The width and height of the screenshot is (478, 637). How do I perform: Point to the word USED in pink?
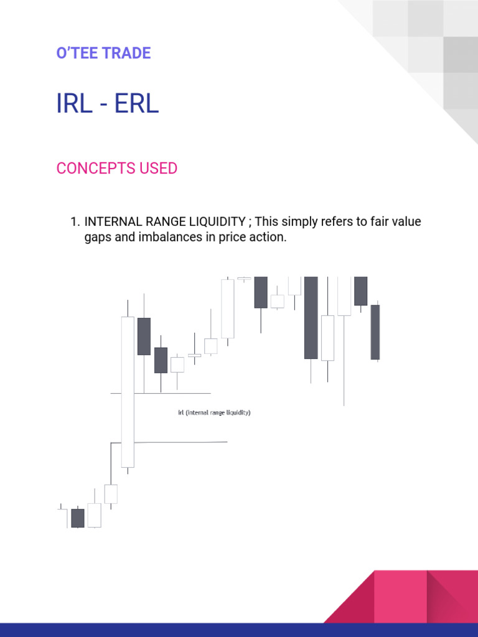click(x=158, y=169)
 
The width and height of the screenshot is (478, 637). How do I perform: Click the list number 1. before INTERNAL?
click(x=75, y=222)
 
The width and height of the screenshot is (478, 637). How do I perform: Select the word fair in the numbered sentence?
click(x=370, y=222)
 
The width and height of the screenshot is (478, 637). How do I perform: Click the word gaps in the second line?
click(x=96, y=238)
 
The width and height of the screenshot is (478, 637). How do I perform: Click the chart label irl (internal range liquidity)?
click(x=214, y=412)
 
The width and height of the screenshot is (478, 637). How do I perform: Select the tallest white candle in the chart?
click(x=128, y=392)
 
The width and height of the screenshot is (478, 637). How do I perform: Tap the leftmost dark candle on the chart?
click(x=77, y=518)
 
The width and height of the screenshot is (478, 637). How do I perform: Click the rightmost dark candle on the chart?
click(x=375, y=332)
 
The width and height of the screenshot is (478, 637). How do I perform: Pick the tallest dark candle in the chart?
click(x=311, y=317)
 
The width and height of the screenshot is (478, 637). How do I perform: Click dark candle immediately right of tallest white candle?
click(x=144, y=336)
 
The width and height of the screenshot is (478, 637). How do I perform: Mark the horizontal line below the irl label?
click(x=187, y=442)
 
